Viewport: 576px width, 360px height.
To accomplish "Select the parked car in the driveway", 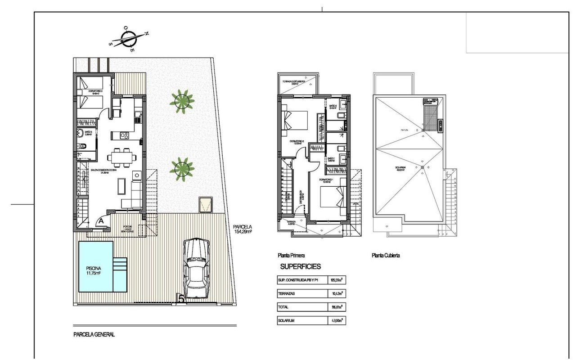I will [x=197, y=269].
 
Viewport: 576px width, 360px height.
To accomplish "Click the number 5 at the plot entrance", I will [x=181, y=298].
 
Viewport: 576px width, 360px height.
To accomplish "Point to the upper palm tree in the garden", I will [x=182, y=101].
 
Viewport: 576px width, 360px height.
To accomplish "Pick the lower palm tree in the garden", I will [x=182, y=169].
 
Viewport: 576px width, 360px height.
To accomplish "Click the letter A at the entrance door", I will [x=101, y=221].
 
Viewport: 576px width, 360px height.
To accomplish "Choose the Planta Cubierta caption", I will [x=386, y=255].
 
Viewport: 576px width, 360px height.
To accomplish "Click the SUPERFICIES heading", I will [x=301, y=266].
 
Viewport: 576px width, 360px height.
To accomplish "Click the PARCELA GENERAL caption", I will [x=94, y=334].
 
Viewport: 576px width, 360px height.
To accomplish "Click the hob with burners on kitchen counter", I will [x=124, y=135].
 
